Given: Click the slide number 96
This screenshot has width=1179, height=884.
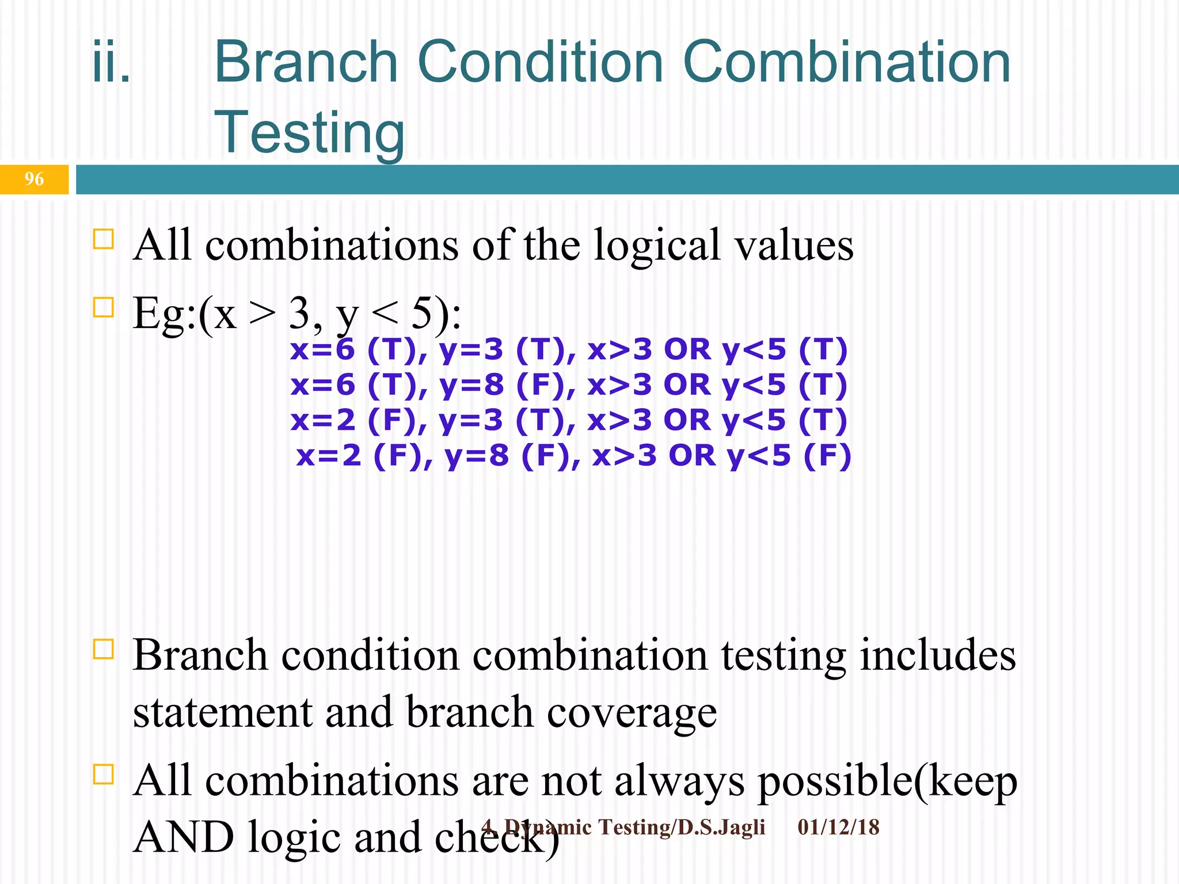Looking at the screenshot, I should [34, 179].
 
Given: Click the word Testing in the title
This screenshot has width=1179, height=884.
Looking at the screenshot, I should [309, 132].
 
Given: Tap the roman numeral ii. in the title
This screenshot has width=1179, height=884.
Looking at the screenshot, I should [112, 62].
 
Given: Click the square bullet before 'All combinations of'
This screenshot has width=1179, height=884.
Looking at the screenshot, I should [103, 239].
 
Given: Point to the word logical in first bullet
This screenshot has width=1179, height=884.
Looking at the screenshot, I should [657, 245].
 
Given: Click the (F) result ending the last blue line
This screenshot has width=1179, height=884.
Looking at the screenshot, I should [827, 456].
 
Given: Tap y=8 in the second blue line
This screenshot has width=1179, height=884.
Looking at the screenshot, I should [471, 385].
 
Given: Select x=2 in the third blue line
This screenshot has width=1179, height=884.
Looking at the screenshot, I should [323, 420].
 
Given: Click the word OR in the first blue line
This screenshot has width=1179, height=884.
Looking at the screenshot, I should [687, 349].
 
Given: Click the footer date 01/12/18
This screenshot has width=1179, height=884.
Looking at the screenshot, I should [838, 828].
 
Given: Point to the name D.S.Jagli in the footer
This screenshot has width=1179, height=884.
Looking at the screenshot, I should [721, 828].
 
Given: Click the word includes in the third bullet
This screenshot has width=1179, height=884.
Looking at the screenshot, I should [937, 656].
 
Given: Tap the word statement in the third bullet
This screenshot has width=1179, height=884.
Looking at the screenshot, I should [222, 712].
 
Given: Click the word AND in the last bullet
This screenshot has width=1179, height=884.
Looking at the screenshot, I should [184, 837].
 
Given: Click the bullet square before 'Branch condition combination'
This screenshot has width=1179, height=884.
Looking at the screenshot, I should [103, 649].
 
